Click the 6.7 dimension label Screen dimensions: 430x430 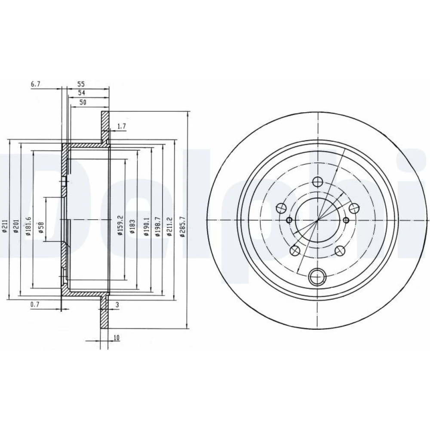coord(36,84)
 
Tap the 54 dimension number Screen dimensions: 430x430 coord(82,93)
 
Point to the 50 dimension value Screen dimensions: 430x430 coord(83,102)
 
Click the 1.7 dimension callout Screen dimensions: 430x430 coord(121,126)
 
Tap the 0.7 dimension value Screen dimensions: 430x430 coord(35,304)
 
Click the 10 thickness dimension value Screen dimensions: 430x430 coord(116,338)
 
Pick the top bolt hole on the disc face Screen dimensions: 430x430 coord(318,181)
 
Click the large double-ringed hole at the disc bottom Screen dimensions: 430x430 coord(318,276)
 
